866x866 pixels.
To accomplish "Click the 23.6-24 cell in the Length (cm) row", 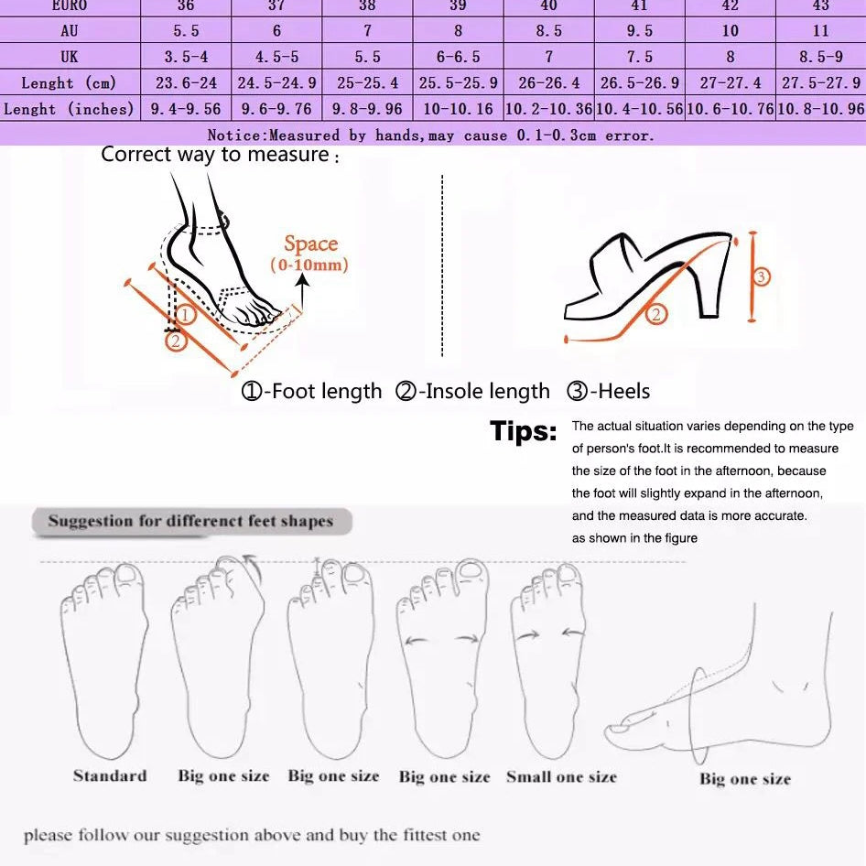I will pyautogui.click(x=186, y=83).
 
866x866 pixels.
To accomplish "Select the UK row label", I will pyautogui.click(x=70, y=57).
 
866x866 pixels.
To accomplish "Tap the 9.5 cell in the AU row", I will pyautogui.click(x=639, y=31).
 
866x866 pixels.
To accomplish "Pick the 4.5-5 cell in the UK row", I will pyautogui.click(x=276, y=57).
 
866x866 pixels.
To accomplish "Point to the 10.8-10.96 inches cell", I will pyautogui.click(x=821, y=109).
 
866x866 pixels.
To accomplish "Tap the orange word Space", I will pyautogui.click(x=310, y=244).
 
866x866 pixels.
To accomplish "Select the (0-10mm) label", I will pyautogui.click(x=309, y=265).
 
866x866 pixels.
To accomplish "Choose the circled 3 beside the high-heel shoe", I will pyautogui.click(x=762, y=276).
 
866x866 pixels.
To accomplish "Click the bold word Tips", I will pyautogui.click(x=523, y=431).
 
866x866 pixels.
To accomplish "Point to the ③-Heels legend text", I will pyautogui.click(x=609, y=392).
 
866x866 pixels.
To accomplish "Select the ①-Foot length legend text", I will pyautogui.click(x=311, y=392).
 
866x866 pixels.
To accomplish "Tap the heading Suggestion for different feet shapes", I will pyautogui.click(x=190, y=522).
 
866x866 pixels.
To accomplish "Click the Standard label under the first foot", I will pyautogui.click(x=110, y=776).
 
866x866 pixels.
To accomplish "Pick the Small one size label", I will pyautogui.click(x=561, y=777).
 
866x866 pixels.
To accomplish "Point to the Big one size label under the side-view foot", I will pyautogui.click(x=745, y=780).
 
